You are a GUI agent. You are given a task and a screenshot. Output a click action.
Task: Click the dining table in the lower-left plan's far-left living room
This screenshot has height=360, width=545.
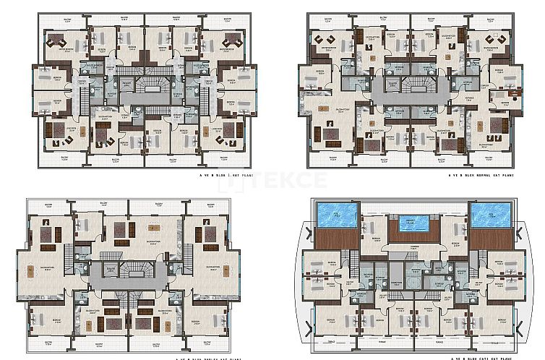coord(31,272)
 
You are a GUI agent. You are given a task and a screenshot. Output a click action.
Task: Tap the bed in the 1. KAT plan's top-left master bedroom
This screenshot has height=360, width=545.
coord(56,43)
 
